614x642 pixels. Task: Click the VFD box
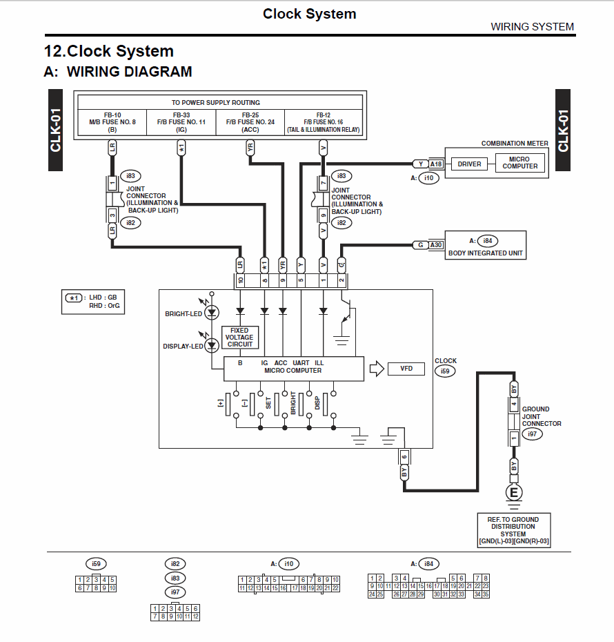pyautogui.click(x=406, y=369)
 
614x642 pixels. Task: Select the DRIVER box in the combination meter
pyautogui.click(x=469, y=164)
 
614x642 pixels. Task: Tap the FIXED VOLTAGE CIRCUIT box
pyautogui.click(x=240, y=337)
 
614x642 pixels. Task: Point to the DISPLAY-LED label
pyautogui.click(x=183, y=346)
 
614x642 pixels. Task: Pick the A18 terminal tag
pyautogui.click(x=436, y=164)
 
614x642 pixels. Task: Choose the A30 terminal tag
pyautogui.click(x=436, y=245)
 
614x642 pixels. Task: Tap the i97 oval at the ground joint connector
pyautogui.click(x=531, y=434)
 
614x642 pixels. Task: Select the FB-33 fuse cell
pyautogui.click(x=181, y=122)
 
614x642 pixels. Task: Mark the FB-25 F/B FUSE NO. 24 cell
pyautogui.click(x=250, y=122)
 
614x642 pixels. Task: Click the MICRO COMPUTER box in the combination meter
pyautogui.click(x=519, y=163)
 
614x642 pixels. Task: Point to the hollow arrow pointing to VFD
pyautogui.click(x=376, y=369)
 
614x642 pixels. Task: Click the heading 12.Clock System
pyautogui.click(x=109, y=51)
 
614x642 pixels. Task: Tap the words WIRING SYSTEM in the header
pyautogui.click(x=532, y=27)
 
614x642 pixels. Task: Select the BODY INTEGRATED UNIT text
pyautogui.click(x=486, y=253)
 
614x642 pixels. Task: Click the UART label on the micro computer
pyautogui.click(x=301, y=362)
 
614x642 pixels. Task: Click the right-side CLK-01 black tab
pyautogui.click(x=564, y=130)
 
